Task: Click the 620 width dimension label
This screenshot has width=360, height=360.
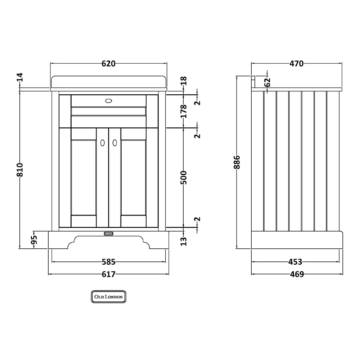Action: [x=108, y=63]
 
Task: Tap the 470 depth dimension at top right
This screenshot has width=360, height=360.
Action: [x=296, y=63]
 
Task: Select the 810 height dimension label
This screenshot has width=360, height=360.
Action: [x=20, y=170]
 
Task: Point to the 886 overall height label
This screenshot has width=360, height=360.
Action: [x=237, y=162]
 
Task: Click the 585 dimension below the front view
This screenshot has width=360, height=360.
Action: [x=108, y=262]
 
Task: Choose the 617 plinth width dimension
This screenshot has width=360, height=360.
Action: [x=108, y=274]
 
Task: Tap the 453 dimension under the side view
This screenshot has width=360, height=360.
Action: [x=295, y=262]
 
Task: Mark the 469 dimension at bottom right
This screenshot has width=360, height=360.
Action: [x=297, y=274]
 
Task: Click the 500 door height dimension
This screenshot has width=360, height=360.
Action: [x=184, y=177]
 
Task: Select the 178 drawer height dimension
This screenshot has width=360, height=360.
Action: [x=184, y=111]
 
